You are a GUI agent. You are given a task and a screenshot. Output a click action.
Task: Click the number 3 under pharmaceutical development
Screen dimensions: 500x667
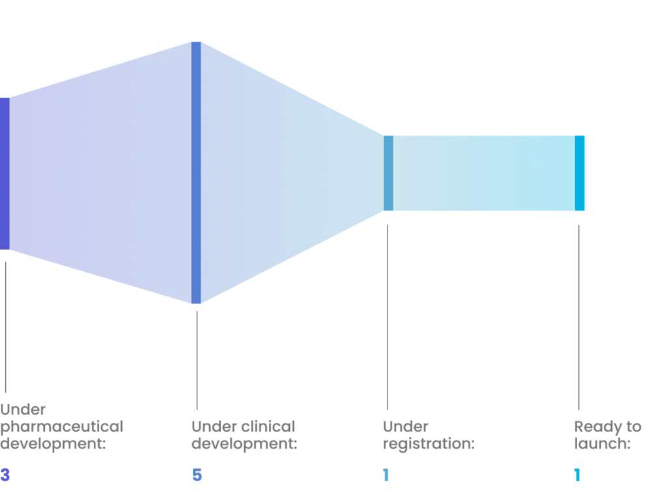click(5, 475)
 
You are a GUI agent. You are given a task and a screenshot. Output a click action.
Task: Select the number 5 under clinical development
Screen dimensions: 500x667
click(197, 475)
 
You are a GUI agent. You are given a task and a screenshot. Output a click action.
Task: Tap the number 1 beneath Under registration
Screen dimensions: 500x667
click(386, 475)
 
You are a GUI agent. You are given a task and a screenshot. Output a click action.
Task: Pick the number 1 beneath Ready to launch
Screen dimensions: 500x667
click(577, 475)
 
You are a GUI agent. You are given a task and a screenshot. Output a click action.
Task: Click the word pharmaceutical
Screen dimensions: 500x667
click(62, 428)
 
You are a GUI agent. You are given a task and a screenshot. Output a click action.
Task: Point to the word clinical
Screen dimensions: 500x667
click(268, 427)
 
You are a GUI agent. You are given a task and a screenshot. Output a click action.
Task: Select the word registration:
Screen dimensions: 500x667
click(429, 445)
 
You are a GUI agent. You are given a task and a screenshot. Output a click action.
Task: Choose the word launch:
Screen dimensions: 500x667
click(603, 445)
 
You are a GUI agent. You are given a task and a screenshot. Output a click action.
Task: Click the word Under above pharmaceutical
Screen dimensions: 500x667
click(23, 410)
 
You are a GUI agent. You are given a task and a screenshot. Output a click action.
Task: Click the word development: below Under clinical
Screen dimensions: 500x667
click(244, 445)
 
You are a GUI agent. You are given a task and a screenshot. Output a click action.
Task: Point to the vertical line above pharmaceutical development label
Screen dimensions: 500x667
click(6, 326)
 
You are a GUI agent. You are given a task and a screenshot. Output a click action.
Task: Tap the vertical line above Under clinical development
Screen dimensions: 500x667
click(197, 359)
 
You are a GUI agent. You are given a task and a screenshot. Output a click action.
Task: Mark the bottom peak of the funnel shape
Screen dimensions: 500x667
click(195, 302)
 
